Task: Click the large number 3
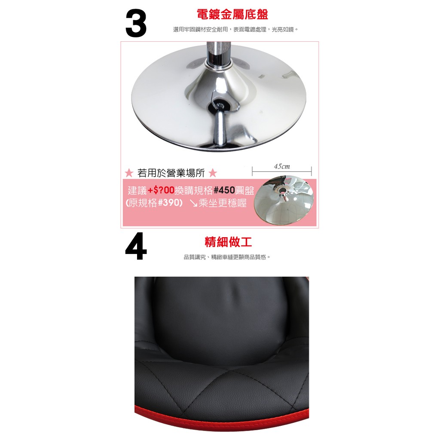pyautogui.click(x=136, y=23)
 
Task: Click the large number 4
pyautogui.click(x=136, y=246)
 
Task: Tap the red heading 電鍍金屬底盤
pyautogui.click(x=232, y=14)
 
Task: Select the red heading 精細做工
pyautogui.click(x=228, y=242)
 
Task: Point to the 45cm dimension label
pyautogui.click(x=282, y=166)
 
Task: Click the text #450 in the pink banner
pyautogui.click(x=224, y=190)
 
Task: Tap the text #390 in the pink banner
pyautogui.click(x=168, y=202)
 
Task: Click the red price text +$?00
pyautogui.click(x=161, y=190)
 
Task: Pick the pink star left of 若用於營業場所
pyautogui.click(x=129, y=173)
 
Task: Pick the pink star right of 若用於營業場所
pyautogui.click(x=213, y=173)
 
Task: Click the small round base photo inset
pyautogui.click(x=284, y=200)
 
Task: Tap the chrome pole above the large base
pyautogui.click(x=219, y=53)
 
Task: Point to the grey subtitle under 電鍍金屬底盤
pyautogui.click(x=235, y=30)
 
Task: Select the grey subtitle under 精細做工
pyautogui.click(x=227, y=257)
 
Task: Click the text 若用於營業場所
pyautogui.click(x=171, y=173)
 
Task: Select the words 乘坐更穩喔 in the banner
pyautogui.click(x=223, y=203)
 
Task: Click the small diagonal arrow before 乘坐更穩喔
pyautogui.click(x=193, y=203)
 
